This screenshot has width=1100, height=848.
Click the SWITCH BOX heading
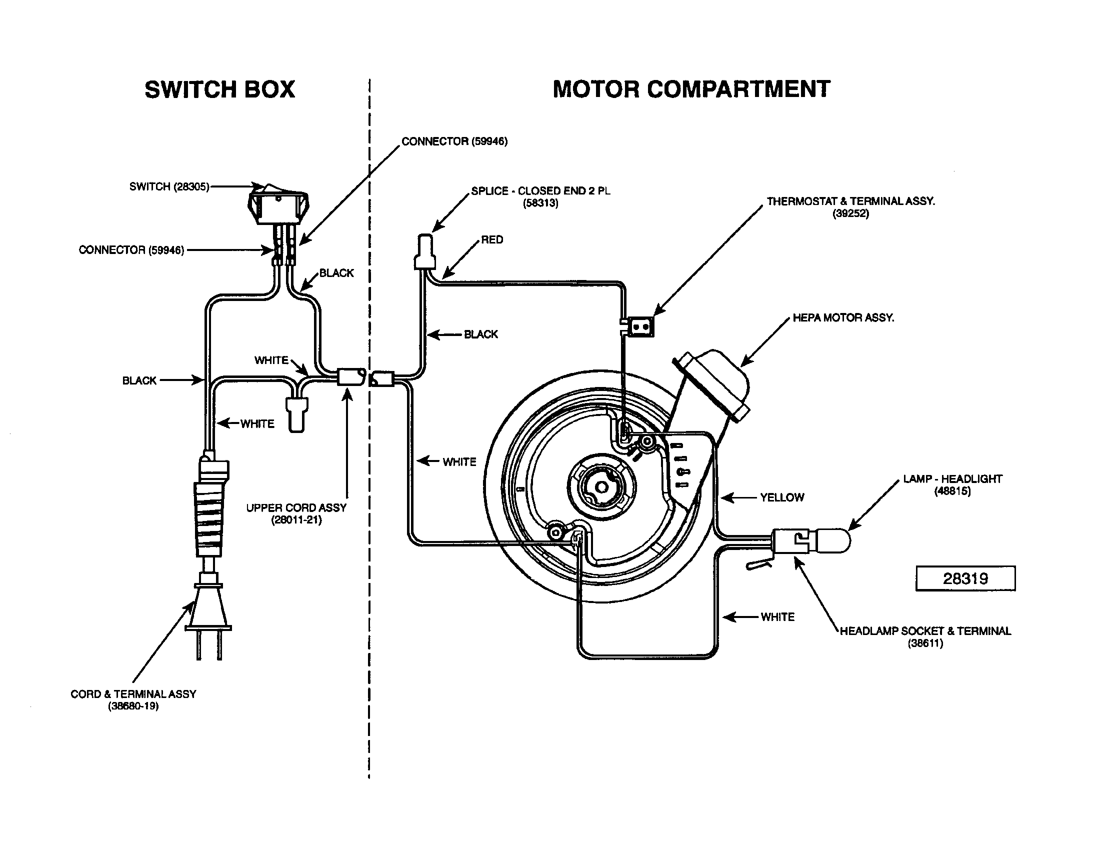219,89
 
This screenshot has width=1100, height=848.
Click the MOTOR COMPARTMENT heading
691,89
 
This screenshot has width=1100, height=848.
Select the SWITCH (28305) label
168,187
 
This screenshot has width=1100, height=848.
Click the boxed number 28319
965,578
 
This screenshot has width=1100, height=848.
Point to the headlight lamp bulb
831,541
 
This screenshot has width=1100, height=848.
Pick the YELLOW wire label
781,497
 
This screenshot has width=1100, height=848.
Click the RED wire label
491,239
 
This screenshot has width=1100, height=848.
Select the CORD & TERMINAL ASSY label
133,699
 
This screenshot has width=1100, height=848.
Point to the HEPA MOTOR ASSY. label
843,317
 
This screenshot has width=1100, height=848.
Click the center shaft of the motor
601,487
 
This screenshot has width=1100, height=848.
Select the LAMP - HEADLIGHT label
952,484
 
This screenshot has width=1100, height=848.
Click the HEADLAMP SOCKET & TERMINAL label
924,636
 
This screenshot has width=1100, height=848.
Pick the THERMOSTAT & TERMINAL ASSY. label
850,207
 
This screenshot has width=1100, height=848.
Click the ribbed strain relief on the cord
208,518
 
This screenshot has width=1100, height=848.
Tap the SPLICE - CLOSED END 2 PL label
540,196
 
